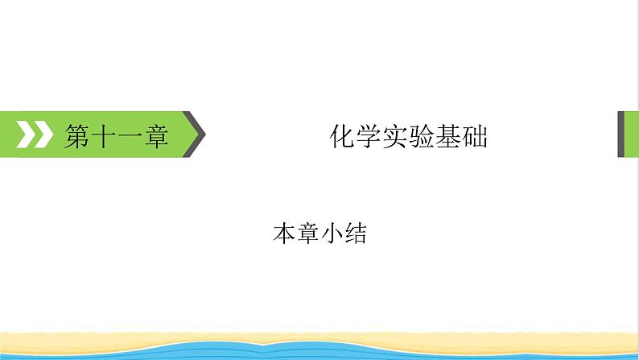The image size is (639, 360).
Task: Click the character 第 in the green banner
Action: point(77,136)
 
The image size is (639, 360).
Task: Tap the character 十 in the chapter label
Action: point(104,136)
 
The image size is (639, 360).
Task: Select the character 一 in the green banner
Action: point(130,136)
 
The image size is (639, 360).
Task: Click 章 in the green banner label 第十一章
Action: point(156,136)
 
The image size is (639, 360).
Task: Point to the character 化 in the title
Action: point(342,136)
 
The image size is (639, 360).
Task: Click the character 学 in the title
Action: point(369,136)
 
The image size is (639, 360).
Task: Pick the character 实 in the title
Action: point(395,136)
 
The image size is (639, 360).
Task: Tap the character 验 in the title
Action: point(422,136)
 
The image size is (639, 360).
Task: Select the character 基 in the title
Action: point(448,136)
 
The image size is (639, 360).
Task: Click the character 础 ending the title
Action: point(475,136)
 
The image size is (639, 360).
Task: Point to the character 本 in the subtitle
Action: point(284,234)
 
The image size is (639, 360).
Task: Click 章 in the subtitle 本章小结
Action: point(308,234)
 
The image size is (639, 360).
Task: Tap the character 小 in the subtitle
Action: point(332,234)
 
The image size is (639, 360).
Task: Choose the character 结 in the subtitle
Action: point(356,234)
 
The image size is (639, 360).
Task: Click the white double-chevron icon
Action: point(35,134)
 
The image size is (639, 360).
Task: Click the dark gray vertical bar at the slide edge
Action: point(621,134)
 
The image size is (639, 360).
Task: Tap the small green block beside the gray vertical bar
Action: point(632,134)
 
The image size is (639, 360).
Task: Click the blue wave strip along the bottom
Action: point(319,352)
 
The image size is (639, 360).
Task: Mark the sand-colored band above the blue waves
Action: point(319,338)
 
